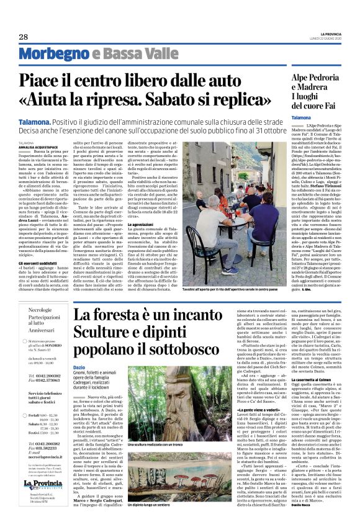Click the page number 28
tap(23, 37)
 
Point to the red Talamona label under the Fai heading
tap(301, 117)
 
